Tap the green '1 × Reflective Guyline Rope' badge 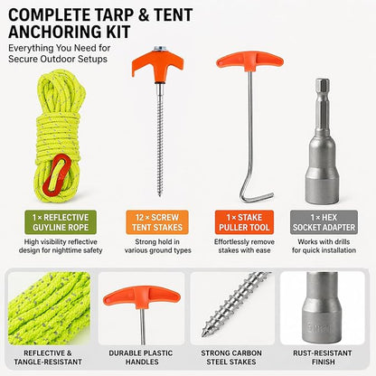click(61, 222)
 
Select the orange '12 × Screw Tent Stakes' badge click(157, 222)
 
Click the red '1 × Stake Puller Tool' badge click(244, 222)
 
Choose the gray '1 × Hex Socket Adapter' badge click(324, 222)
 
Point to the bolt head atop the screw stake click(160, 49)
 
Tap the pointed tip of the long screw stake click(159, 194)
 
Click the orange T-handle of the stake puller click(249, 61)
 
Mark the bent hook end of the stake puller click(256, 197)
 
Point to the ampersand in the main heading click(144, 15)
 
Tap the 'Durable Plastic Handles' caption click(141, 357)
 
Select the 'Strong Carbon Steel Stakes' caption click(231, 357)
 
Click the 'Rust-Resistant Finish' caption click(323, 357)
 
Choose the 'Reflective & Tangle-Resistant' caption click(48, 357)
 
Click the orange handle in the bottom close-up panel click(142, 297)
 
